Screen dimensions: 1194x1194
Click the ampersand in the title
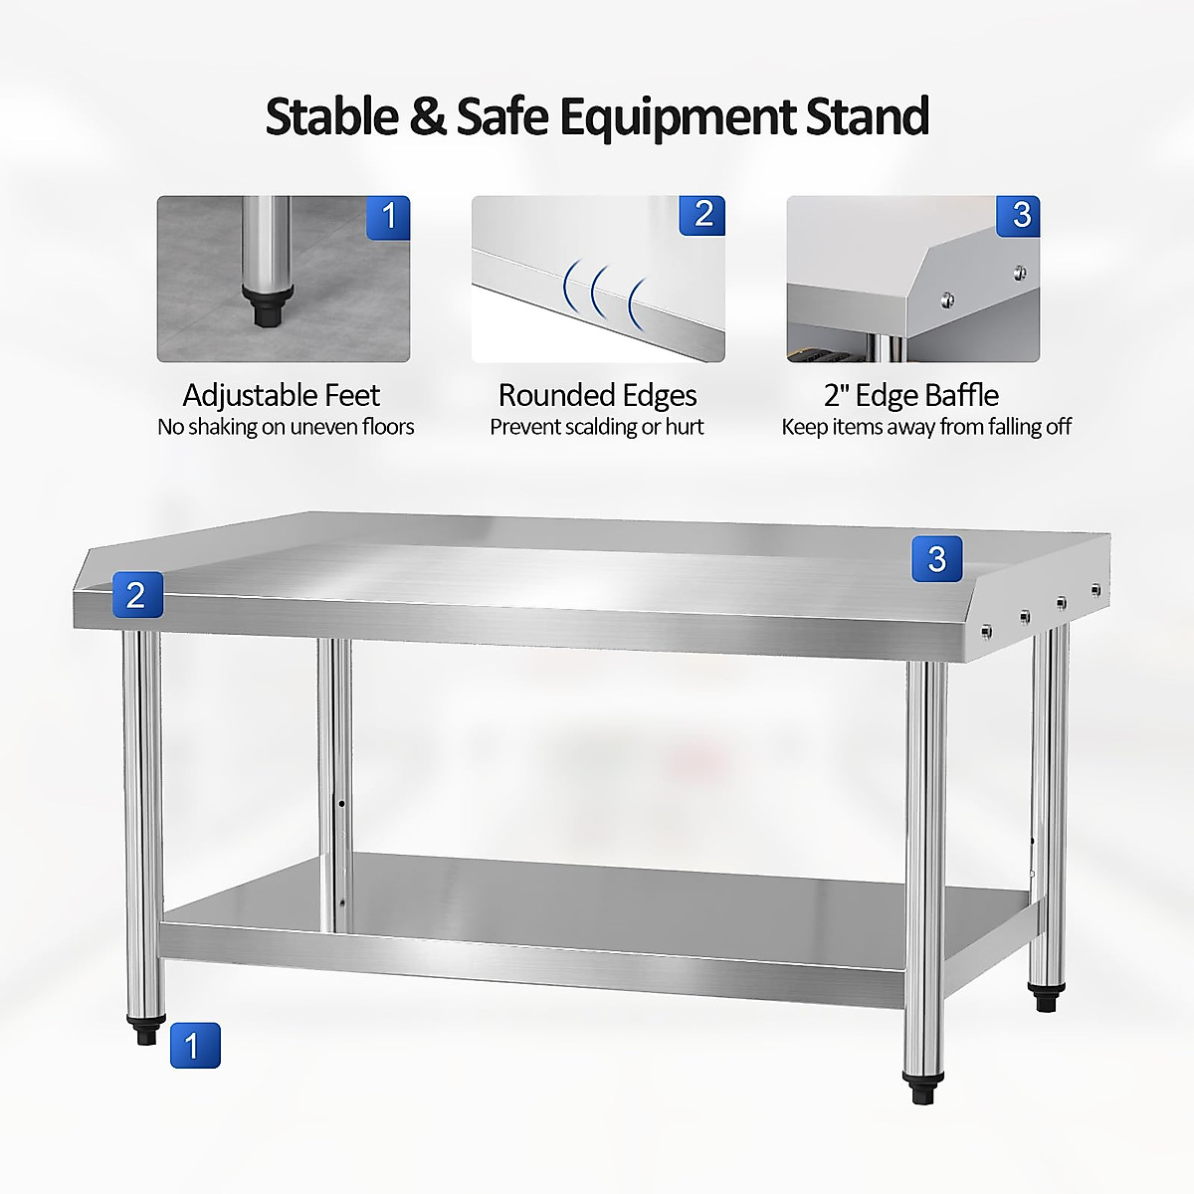pos(428,116)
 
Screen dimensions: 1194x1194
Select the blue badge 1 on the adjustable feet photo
pos(388,216)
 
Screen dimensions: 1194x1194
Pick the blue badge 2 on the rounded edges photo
pos(702,215)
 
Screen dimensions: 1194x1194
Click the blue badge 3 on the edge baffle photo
pos(1019,215)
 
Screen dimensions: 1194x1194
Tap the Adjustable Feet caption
pos(282,395)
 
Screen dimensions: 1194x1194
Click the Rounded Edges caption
pos(597,395)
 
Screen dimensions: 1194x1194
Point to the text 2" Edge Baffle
pos(911,395)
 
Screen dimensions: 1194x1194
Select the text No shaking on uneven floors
pos(286,427)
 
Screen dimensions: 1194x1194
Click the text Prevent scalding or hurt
pos(597,427)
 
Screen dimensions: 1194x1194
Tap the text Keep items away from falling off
pos(926,427)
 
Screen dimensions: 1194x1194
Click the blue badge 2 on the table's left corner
pos(136,594)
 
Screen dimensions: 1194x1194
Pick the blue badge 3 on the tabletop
pos(936,558)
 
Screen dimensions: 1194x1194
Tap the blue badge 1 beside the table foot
pos(194,1045)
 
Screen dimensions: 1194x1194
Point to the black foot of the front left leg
pos(145,1032)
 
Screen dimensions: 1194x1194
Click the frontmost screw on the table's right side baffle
pos(986,631)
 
